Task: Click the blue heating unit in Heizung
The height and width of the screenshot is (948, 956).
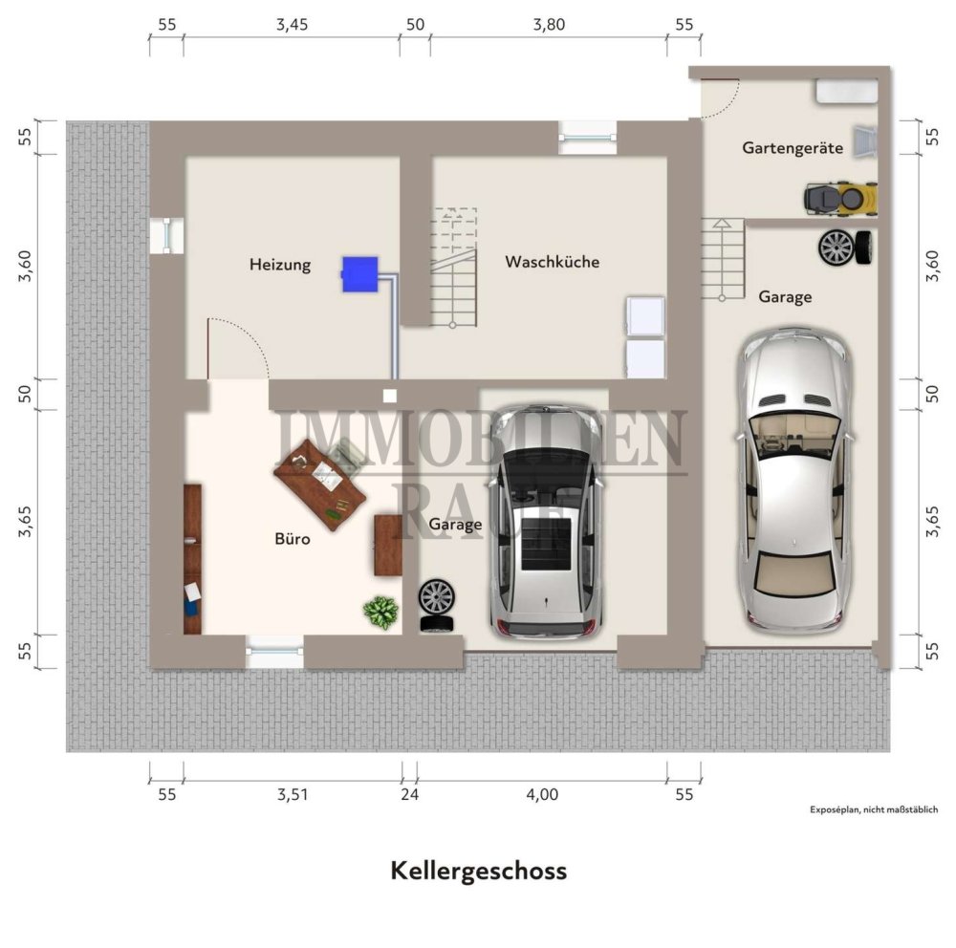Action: click(359, 273)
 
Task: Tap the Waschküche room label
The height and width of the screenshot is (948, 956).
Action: click(553, 261)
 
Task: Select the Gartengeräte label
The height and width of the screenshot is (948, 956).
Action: click(792, 148)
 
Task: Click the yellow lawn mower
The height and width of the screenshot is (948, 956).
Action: click(838, 198)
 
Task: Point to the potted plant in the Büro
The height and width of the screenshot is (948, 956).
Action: click(381, 611)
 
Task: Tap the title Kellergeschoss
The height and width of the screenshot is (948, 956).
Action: click(478, 871)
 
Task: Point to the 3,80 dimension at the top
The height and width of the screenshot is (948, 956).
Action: click(548, 26)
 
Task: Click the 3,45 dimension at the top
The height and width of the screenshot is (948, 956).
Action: click(293, 26)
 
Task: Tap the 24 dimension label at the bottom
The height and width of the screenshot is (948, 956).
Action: click(410, 793)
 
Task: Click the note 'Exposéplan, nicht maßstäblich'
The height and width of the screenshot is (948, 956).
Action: click(874, 810)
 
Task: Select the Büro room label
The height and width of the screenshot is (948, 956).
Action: click(293, 539)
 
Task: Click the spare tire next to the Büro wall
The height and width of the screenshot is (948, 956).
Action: click(437, 604)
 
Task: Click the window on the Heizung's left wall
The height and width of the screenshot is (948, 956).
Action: click(166, 234)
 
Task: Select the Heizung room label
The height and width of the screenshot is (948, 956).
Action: click(280, 265)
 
